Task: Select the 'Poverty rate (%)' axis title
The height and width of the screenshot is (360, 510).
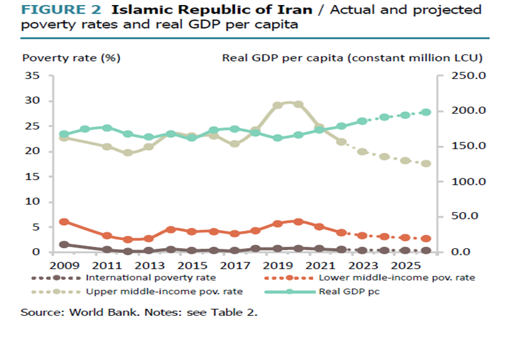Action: [x=71, y=58]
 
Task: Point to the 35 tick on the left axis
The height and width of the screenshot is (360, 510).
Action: [x=32, y=76]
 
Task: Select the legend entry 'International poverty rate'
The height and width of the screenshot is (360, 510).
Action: [x=151, y=278]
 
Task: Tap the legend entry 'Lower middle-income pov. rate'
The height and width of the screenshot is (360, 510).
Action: [x=396, y=278]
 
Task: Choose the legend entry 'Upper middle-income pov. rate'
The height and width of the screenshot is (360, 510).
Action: [x=164, y=292]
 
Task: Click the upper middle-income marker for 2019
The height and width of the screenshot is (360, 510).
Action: [x=278, y=105]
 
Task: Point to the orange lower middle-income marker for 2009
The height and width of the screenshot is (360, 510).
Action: [x=63, y=222]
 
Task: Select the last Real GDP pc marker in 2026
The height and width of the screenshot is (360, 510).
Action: [x=426, y=113]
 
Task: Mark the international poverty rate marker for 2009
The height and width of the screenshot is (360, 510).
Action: [x=63, y=245]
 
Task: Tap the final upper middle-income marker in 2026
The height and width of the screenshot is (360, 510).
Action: [x=426, y=164]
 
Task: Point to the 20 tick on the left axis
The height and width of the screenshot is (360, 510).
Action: [x=32, y=151]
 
